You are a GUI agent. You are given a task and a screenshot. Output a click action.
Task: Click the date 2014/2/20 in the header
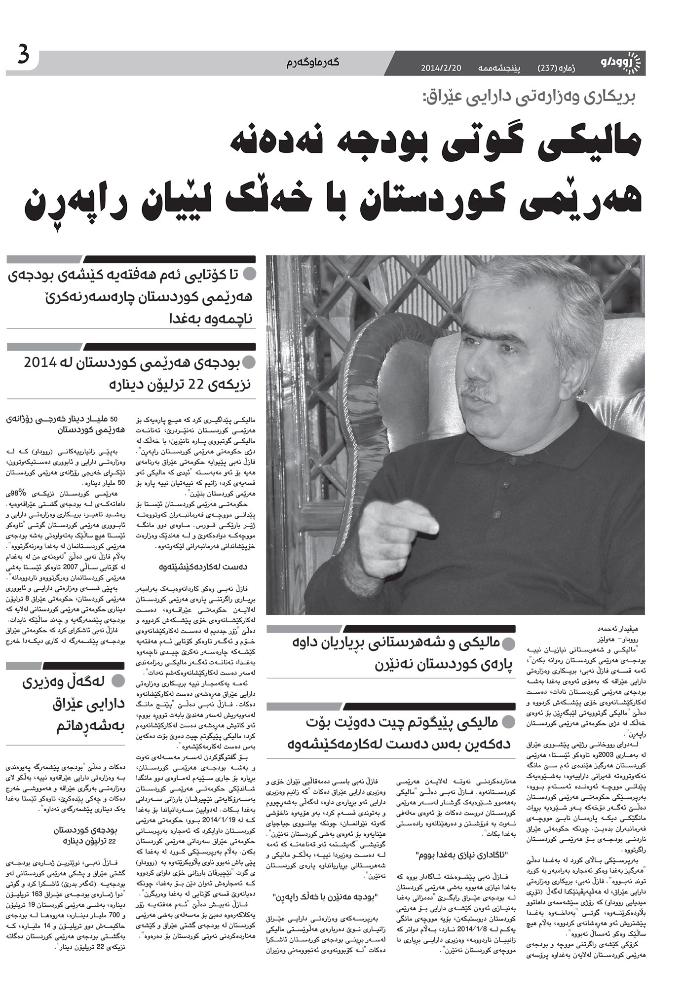[441, 69]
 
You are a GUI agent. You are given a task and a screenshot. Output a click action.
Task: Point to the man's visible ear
[582, 385]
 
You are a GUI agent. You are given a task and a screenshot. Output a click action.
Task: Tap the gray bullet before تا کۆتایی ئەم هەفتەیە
[251, 273]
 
